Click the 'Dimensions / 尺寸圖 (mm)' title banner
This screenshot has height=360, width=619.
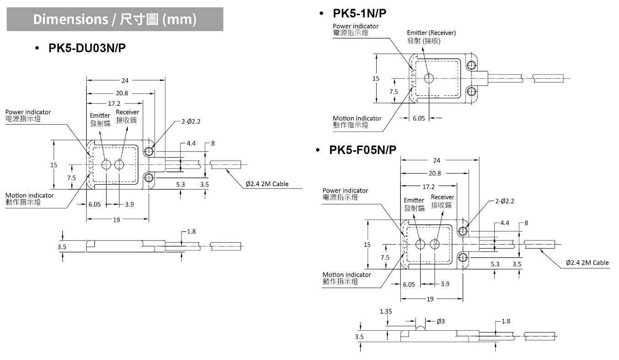[115, 19]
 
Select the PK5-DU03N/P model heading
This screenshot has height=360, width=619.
[87, 49]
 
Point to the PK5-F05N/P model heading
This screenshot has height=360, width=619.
[362, 150]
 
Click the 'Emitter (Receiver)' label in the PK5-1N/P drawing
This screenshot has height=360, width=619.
[431, 33]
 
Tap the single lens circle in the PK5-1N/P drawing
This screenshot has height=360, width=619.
[429, 78]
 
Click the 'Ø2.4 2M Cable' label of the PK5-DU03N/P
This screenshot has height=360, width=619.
[267, 184]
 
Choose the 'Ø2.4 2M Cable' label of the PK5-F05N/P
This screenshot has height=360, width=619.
[587, 262]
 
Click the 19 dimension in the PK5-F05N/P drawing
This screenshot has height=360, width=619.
[430, 299]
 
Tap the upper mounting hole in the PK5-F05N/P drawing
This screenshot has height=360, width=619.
[463, 230]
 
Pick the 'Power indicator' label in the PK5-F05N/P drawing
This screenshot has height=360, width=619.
[345, 191]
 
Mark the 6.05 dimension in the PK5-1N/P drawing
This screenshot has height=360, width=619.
[419, 118]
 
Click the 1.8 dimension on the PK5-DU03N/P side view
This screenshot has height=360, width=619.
[191, 232]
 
